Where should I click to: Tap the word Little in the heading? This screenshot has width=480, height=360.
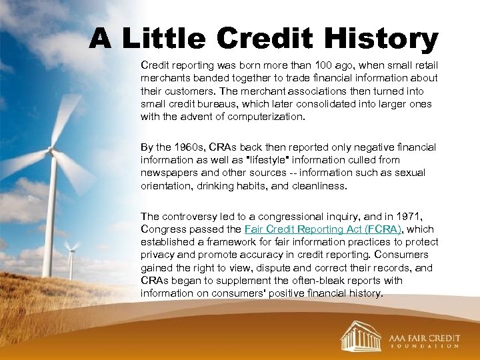(167, 39)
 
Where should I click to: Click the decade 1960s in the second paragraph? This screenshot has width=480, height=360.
(178, 147)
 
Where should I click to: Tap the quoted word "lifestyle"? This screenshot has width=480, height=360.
(271, 159)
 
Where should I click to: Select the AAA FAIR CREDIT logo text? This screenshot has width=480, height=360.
(425, 337)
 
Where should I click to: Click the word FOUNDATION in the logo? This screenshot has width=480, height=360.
(425, 347)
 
